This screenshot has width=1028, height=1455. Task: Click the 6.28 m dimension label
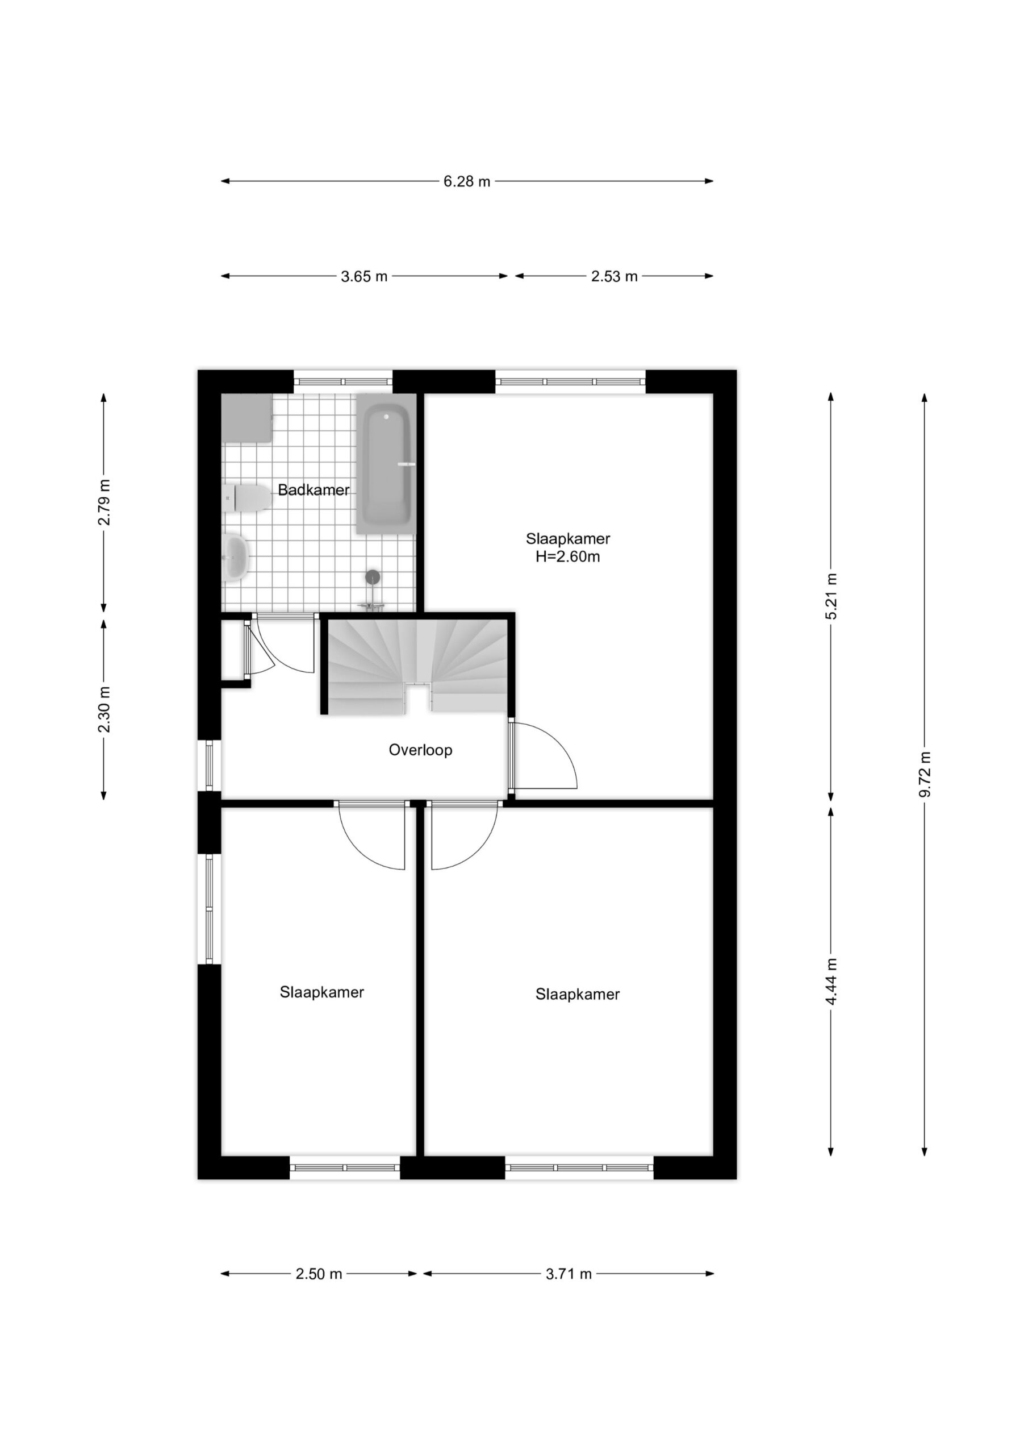click(x=467, y=182)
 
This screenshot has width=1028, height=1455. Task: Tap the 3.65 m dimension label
click(x=364, y=277)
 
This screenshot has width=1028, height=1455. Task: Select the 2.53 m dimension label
click(x=615, y=277)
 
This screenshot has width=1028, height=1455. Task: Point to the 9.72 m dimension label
click(x=925, y=775)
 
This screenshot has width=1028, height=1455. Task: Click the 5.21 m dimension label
click(x=831, y=596)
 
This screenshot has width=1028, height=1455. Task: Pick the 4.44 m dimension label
click(x=831, y=981)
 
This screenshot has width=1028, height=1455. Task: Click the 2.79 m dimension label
click(x=105, y=502)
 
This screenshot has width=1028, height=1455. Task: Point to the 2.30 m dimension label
click(x=105, y=709)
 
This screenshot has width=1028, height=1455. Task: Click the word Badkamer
click(x=314, y=490)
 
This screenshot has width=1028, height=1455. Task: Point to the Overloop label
click(x=421, y=750)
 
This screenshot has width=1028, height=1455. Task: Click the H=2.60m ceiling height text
click(x=568, y=557)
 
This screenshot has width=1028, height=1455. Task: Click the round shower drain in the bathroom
click(x=373, y=577)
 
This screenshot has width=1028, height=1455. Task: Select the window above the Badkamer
click(x=343, y=381)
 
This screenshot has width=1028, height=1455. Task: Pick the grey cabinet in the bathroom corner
click(x=247, y=418)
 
